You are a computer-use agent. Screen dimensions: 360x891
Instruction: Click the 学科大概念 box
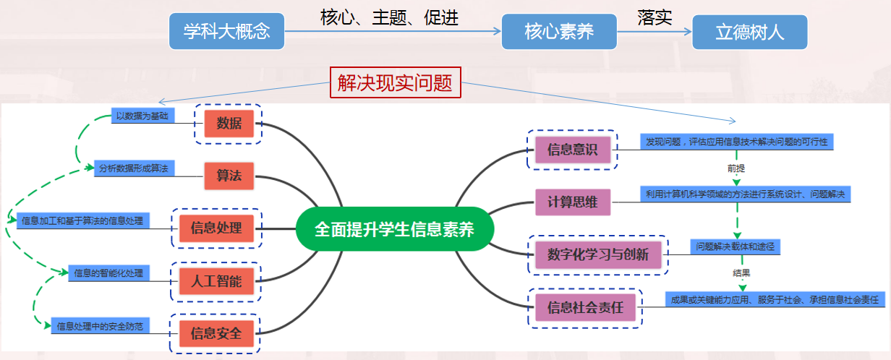pyautogui.click(x=226, y=32)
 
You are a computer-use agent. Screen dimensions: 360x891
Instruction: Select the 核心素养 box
pyautogui.click(x=559, y=32)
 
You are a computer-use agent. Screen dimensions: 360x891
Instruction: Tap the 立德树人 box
pyautogui.click(x=749, y=32)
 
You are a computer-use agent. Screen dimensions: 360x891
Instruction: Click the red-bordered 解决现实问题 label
pyautogui.click(x=395, y=83)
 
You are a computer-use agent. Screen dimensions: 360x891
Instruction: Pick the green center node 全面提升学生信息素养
pyautogui.click(x=394, y=230)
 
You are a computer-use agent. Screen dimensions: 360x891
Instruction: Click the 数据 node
pyautogui.click(x=229, y=123)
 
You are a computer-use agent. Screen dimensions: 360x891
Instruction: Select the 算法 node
pyautogui.click(x=229, y=176)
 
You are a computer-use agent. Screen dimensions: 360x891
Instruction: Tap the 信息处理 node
pyautogui.click(x=216, y=228)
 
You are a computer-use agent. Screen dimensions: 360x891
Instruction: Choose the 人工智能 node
pyautogui.click(x=216, y=281)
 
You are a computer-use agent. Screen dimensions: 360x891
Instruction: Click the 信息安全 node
pyautogui.click(x=216, y=334)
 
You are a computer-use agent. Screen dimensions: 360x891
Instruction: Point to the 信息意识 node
pyautogui.click(x=573, y=150)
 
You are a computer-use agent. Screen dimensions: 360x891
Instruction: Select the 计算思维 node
pyautogui.click(x=573, y=202)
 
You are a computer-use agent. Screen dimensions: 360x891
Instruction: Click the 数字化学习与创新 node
pyautogui.click(x=598, y=254)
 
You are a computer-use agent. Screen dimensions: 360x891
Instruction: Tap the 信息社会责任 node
pyautogui.click(x=585, y=309)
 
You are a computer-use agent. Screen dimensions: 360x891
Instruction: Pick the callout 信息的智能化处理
pyautogui.click(x=108, y=273)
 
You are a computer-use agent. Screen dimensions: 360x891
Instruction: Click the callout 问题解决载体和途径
pyautogui.click(x=734, y=247)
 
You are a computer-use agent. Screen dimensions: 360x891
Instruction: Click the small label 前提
pyautogui.click(x=736, y=168)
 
